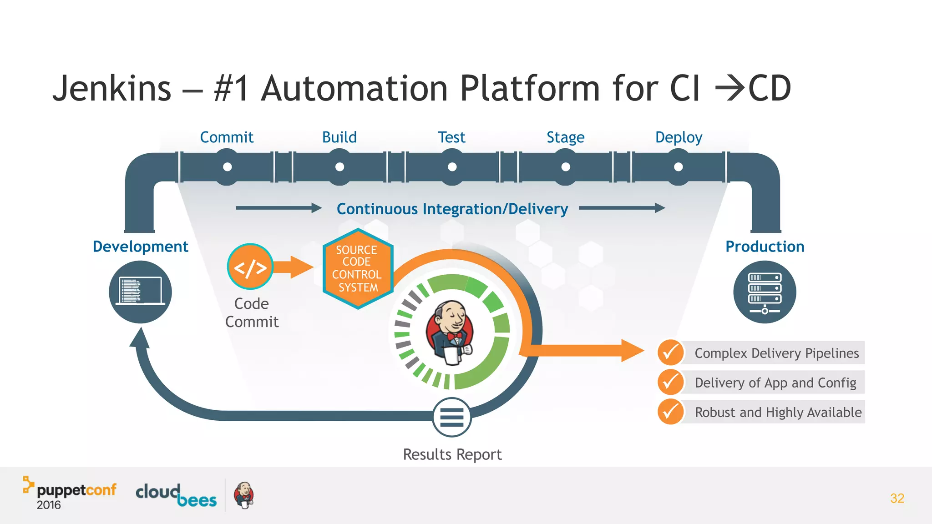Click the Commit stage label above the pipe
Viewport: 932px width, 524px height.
[x=227, y=137]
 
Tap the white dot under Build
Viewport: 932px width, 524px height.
[x=339, y=167]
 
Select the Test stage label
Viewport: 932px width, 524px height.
[x=451, y=137]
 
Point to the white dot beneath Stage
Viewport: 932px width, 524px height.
[x=566, y=167]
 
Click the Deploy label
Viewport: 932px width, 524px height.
[x=679, y=137]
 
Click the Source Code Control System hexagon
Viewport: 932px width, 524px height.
[x=358, y=269]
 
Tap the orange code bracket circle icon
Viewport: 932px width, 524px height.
[x=250, y=267]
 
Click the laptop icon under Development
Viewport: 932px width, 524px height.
[x=140, y=292]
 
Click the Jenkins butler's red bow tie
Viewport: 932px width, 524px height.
[x=454, y=337]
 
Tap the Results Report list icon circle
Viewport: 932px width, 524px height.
[x=451, y=417]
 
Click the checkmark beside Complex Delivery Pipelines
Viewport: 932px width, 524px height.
[x=670, y=353]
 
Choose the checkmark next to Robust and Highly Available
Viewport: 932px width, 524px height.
[x=670, y=412]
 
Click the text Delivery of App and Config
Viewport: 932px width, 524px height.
[x=775, y=383]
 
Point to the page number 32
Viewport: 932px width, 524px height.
[x=897, y=498]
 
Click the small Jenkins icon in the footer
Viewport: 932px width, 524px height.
[x=244, y=495]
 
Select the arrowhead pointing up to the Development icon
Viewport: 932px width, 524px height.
[x=140, y=338]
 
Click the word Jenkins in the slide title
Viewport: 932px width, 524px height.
[x=112, y=88]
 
